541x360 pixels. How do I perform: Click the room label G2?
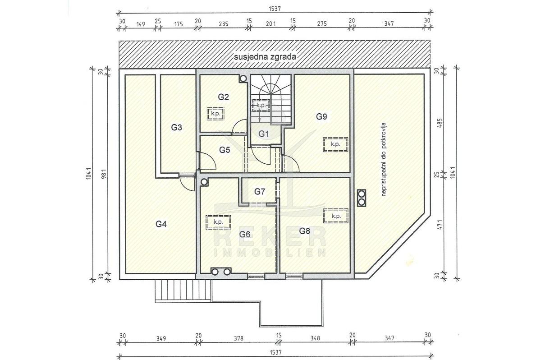point(223,97)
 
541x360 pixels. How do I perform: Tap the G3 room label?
point(177,127)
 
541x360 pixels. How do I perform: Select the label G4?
point(161,224)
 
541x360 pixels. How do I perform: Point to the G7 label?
point(260,192)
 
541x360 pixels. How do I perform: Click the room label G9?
point(321,117)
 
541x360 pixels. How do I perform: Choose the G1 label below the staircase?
point(263,134)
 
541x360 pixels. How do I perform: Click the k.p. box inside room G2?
point(215,114)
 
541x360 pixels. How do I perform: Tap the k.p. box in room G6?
point(218,222)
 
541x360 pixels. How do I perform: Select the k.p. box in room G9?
point(335,144)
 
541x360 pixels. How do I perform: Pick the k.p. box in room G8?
point(336,216)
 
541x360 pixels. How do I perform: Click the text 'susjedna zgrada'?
point(265,57)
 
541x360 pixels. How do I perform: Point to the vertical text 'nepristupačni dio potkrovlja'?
point(384,159)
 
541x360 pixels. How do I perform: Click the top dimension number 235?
point(224,23)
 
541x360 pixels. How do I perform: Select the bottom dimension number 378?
point(238,338)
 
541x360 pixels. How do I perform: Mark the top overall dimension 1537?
point(275,9)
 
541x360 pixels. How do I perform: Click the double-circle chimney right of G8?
point(362,198)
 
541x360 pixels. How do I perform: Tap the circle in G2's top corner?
point(243,78)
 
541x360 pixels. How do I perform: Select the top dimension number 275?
point(322,23)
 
